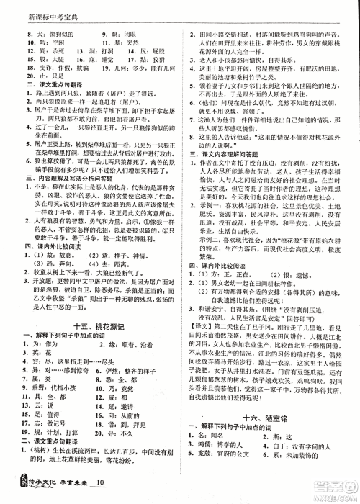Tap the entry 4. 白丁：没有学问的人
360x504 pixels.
coord(310,447)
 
